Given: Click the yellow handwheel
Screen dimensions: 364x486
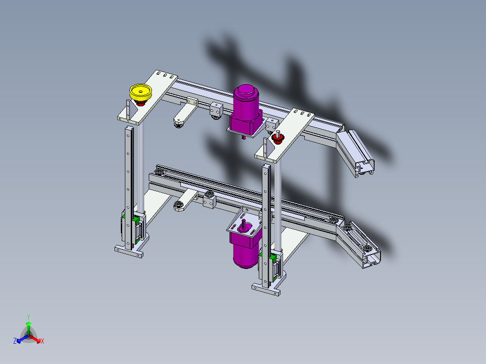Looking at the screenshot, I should tap(141, 92).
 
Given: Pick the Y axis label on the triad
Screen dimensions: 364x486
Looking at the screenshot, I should tap(28, 317).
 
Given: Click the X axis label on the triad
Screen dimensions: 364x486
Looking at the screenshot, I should tap(42, 341).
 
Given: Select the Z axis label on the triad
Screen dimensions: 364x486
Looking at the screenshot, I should tap(15, 341).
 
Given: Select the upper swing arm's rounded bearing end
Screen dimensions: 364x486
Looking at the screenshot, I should tap(179, 122).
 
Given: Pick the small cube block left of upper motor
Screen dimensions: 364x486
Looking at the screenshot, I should tap(216, 109).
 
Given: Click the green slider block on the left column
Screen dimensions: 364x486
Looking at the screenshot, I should tap(135, 220).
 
